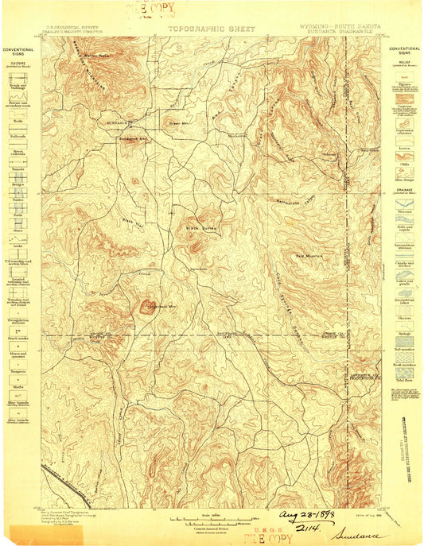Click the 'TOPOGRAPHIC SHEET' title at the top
click(211, 29)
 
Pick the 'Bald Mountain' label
click(310, 257)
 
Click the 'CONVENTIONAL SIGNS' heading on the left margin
click(18, 52)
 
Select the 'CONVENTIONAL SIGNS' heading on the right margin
click(404, 52)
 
